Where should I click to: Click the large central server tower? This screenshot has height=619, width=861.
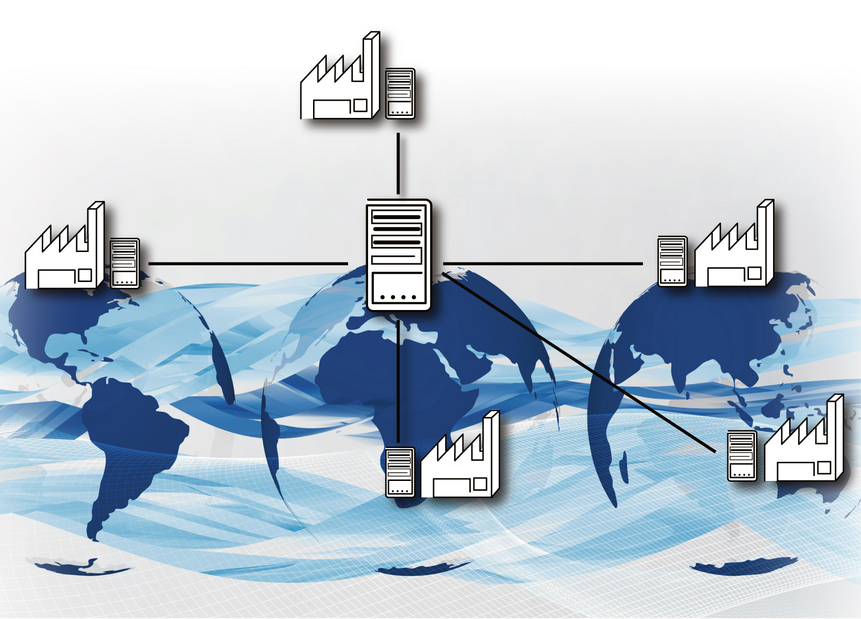tap(399, 255)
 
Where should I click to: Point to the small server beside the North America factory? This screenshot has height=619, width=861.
tap(125, 263)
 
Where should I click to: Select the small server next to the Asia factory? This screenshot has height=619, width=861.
tap(672, 261)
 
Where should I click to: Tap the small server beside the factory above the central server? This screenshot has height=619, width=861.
tap(400, 93)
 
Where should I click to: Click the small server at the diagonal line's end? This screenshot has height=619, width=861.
tap(742, 456)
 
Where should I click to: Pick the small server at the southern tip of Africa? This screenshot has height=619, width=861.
tap(400, 472)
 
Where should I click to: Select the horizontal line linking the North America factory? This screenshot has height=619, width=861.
tap(248, 264)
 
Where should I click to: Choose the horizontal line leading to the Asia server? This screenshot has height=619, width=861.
tap(543, 264)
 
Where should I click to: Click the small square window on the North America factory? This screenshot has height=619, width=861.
tap(85, 275)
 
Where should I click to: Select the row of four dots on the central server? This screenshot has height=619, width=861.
tap(398, 297)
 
